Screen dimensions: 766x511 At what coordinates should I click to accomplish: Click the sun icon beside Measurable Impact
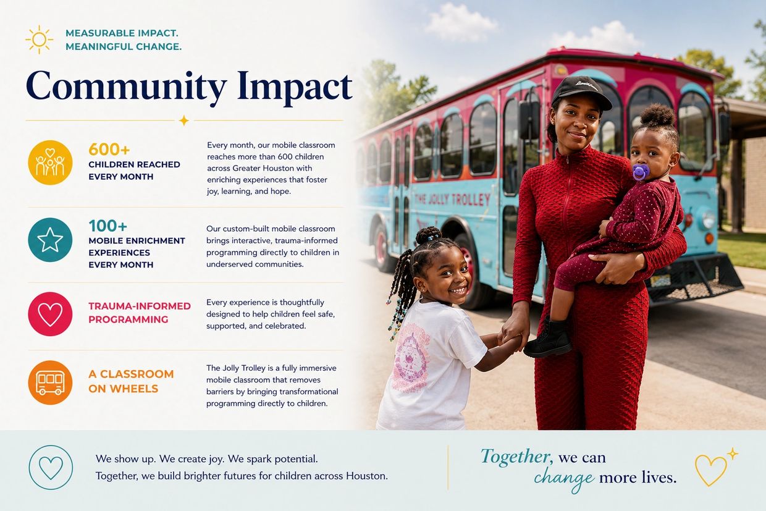tap(40, 40)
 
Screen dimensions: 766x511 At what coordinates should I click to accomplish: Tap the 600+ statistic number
tap(109, 150)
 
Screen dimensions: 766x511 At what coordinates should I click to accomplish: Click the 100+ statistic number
tap(107, 226)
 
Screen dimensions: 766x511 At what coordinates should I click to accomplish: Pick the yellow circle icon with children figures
tap(50, 163)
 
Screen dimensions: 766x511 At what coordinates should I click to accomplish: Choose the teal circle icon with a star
tap(50, 240)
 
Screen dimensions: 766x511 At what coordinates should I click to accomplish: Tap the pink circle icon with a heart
tap(50, 314)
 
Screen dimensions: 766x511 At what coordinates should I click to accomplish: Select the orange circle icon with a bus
tap(50, 382)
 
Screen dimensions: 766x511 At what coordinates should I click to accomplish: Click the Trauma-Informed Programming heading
tap(140, 313)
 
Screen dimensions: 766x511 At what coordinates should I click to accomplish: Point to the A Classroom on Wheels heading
tap(131, 381)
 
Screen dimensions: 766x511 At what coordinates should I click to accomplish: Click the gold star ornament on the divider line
tap(184, 120)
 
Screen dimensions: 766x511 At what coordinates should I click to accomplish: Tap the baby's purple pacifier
tap(641, 172)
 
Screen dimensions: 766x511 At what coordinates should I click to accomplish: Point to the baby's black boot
tap(548, 338)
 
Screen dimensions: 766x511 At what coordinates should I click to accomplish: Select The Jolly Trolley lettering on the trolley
tap(452, 200)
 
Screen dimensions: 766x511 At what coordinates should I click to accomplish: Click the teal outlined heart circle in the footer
tap(51, 467)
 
